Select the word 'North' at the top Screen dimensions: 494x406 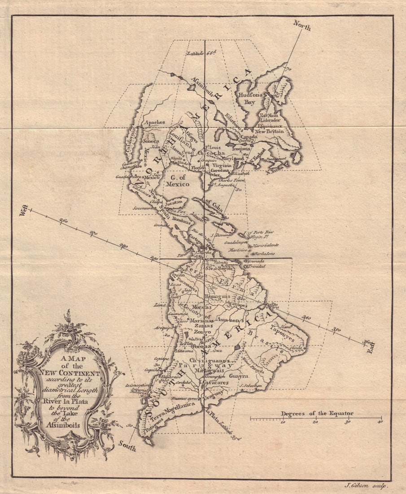coord(302,26)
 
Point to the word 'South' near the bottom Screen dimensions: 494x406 coord(127,444)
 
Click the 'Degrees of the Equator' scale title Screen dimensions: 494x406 coord(317,413)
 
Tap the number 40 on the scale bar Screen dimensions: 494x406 coord(380,423)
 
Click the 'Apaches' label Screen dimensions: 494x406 coord(154,122)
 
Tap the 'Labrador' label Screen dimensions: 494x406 coord(271,120)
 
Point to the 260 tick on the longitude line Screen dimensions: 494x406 coord(63,221)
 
